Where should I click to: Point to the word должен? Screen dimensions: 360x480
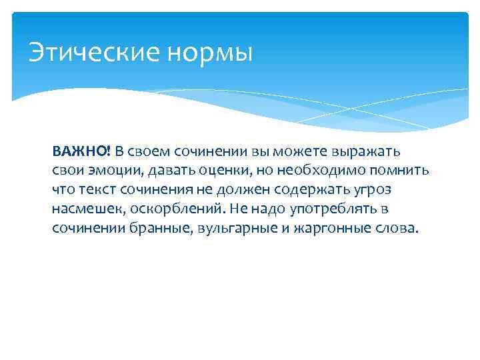click(255, 189)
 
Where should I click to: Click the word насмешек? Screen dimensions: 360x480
click(83, 209)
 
